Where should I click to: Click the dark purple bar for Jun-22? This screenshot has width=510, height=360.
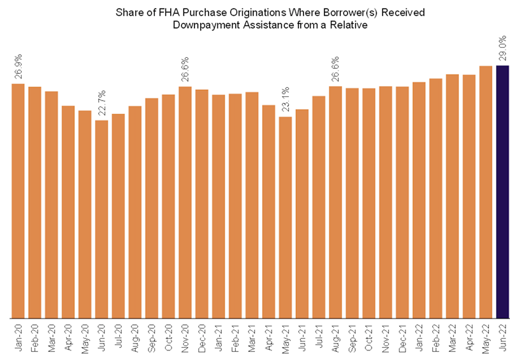(502, 191)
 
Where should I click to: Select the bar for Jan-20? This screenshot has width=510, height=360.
(18, 201)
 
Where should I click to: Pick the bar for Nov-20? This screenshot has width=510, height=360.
(185, 202)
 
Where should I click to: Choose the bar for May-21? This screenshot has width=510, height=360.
(286, 217)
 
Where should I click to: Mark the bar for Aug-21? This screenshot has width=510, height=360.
(335, 202)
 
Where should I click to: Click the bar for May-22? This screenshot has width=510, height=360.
(486, 191)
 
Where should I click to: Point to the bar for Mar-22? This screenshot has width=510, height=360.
(452, 196)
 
